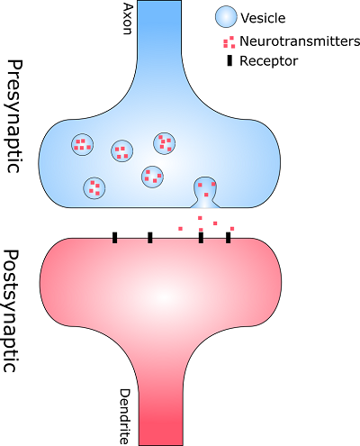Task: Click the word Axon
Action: [128, 19]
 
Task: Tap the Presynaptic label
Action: [14, 116]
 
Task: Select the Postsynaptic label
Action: [13, 311]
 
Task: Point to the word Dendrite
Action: [124, 416]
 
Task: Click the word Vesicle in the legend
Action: [263, 18]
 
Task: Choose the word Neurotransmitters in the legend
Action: [300, 41]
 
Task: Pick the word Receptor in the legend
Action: [269, 61]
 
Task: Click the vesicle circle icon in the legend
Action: [226, 17]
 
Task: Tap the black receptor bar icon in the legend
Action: [229, 61]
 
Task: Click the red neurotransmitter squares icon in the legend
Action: [229, 42]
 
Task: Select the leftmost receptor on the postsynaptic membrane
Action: [114, 238]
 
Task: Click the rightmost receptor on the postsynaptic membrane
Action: [229, 238]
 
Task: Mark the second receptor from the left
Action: [150, 238]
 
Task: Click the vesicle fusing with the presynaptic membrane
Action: [205, 192]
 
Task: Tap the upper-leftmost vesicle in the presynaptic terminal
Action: [82, 145]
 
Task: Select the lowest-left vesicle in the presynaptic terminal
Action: [94, 188]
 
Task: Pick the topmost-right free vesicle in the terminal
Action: [164, 143]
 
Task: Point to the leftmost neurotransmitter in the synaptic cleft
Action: [180, 229]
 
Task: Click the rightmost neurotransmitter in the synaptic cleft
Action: [232, 229]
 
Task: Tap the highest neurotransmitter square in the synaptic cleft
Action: [200, 218]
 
